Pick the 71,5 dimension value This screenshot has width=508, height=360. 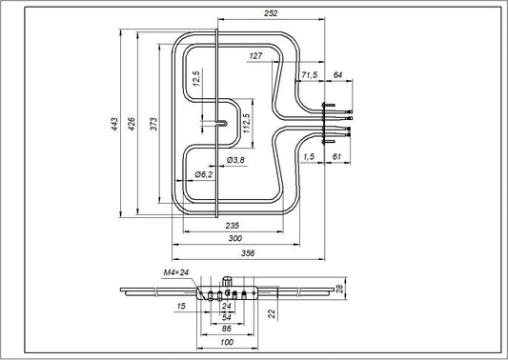(309, 74)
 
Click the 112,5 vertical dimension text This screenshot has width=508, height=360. (246, 123)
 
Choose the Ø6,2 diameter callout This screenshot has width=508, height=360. (203, 175)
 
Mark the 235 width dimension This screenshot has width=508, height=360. (231, 225)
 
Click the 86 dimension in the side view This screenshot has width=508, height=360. (226, 328)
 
